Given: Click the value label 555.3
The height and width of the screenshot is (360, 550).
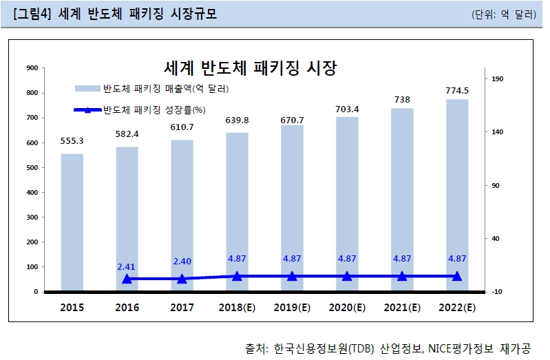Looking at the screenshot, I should pyautogui.click(x=72, y=141).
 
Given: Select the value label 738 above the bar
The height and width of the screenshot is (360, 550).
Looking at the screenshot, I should pyautogui.click(x=402, y=99).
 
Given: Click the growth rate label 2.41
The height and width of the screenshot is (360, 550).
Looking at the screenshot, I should pyautogui.click(x=127, y=266).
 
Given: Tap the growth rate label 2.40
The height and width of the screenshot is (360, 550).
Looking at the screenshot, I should pyautogui.click(x=182, y=262).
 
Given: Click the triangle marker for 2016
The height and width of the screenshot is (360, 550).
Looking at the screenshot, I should pyautogui.click(x=127, y=279).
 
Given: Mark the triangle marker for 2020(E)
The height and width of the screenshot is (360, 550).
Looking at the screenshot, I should pyautogui.click(x=347, y=276).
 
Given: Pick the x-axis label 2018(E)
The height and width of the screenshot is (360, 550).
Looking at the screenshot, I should pyautogui.click(x=237, y=307).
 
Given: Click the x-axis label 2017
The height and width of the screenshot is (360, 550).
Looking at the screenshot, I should pyautogui.click(x=182, y=307).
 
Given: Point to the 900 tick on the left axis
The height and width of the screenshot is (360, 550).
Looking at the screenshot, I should pyautogui.click(x=31, y=67).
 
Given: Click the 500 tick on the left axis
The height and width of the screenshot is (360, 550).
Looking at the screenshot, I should pyautogui.click(x=31, y=167).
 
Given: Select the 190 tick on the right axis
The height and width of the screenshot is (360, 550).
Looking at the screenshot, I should pyautogui.click(x=498, y=79).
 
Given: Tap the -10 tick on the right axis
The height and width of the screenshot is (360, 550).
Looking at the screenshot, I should pyautogui.click(x=498, y=292).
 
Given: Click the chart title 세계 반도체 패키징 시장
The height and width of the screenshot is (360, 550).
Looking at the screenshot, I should pyautogui.click(x=251, y=67).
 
